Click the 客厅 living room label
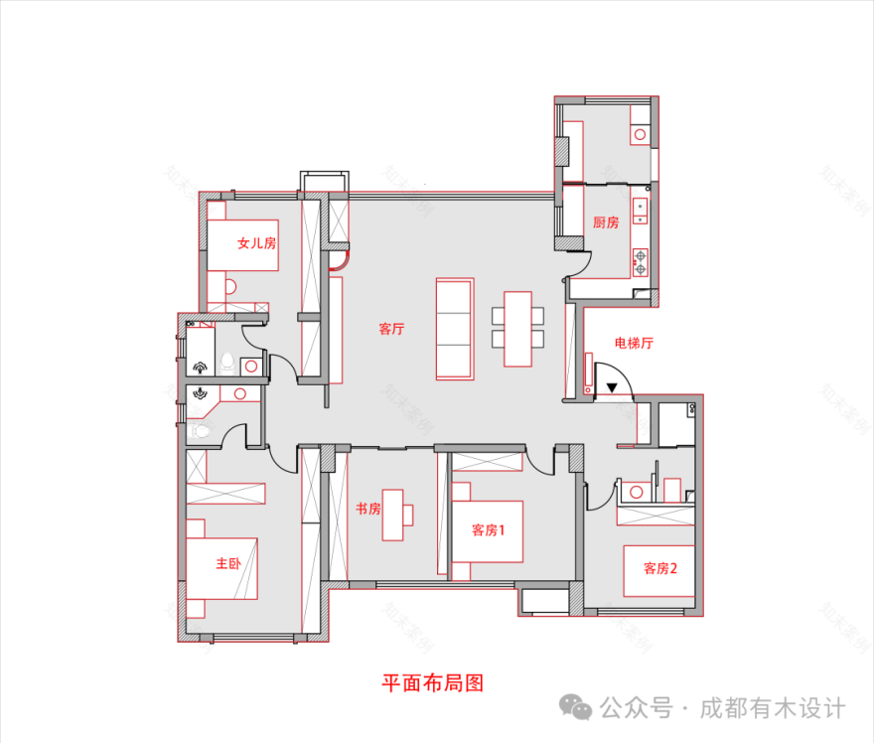point(390,329)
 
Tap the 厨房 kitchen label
point(606,223)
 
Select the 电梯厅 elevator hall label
point(634,344)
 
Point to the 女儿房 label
point(256,242)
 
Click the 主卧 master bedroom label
point(228,564)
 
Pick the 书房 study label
point(367,509)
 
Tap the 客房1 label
point(488,530)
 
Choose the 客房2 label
point(660,568)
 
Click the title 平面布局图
point(433,683)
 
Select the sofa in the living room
point(455,329)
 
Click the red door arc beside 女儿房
point(339,261)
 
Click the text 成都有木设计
point(773,708)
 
